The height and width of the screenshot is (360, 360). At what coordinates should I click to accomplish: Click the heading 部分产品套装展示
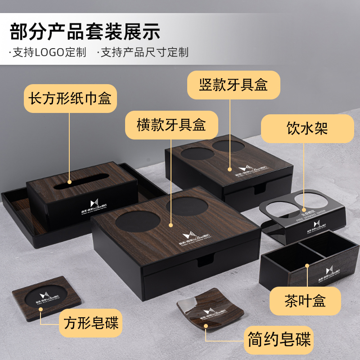[85, 31]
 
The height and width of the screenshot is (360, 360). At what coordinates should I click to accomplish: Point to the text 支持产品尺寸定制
[143, 53]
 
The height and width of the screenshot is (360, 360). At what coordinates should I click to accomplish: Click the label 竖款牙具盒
[234, 85]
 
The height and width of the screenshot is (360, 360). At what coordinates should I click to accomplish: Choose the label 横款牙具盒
[171, 125]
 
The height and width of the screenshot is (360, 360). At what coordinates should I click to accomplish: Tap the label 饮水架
[308, 129]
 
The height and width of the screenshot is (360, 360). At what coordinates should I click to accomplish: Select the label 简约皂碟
[279, 339]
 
